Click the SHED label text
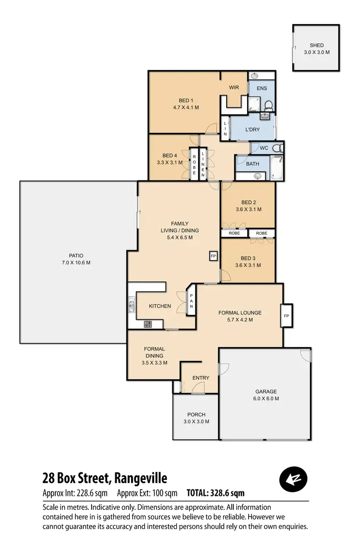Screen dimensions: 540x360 [x=317, y=46]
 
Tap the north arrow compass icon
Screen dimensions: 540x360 [x=293, y=479]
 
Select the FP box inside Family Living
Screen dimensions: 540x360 [x=213, y=256]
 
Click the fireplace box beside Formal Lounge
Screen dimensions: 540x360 [x=287, y=316]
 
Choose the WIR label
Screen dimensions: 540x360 [x=234, y=87]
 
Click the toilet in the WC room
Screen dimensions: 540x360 [x=277, y=148]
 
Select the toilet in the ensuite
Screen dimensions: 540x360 [x=269, y=104]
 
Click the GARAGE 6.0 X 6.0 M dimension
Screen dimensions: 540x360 [x=266, y=398]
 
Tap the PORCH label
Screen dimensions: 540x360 [x=196, y=415]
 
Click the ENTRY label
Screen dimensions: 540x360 [x=201, y=378]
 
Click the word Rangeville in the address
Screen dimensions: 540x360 [x=141, y=478]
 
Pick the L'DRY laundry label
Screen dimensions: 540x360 [x=252, y=130]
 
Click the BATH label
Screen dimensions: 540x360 [x=252, y=164]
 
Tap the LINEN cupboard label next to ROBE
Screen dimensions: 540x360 [x=203, y=165]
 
